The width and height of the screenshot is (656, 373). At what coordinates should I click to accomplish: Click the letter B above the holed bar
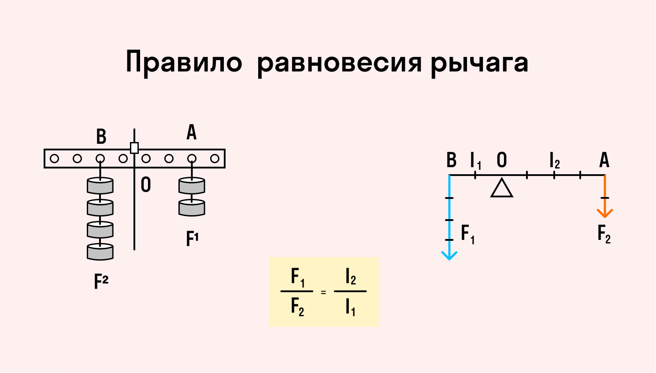(x=101, y=137)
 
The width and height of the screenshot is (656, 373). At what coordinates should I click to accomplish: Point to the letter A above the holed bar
(x=192, y=132)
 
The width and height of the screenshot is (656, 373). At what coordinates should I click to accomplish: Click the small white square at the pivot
(x=134, y=148)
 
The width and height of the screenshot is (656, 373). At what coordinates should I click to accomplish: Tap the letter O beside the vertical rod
(x=146, y=185)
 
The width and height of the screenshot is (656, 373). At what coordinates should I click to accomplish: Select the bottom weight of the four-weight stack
(x=100, y=252)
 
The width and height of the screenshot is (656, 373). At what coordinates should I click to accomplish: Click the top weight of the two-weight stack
(x=192, y=186)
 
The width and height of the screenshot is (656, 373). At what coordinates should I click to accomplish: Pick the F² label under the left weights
(x=101, y=281)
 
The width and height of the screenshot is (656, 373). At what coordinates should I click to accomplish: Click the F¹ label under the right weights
(x=193, y=239)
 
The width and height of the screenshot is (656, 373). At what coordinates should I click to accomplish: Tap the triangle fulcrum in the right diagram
(x=502, y=188)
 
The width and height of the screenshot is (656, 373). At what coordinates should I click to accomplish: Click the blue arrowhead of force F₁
(x=449, y=256)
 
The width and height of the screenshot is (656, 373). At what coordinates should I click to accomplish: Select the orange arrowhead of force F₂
(x=605, y=213)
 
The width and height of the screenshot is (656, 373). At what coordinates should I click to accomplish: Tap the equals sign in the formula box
(x=324, y=292)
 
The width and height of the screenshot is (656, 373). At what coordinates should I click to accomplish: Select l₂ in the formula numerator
(x=351, y=277)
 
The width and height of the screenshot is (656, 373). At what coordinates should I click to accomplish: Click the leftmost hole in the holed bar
(x=55, y=159)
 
